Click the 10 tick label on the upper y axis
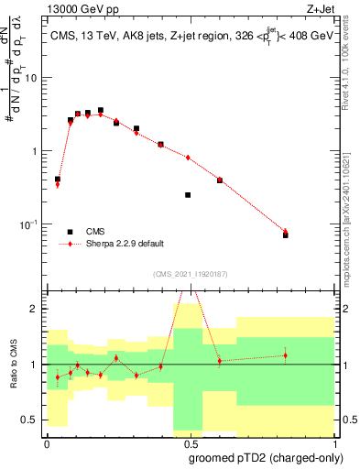[32, 77]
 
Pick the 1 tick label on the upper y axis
[36, 151]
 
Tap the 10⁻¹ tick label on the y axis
[30, 224]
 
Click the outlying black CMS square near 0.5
[188, 195]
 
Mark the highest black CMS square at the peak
[101, 110]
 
